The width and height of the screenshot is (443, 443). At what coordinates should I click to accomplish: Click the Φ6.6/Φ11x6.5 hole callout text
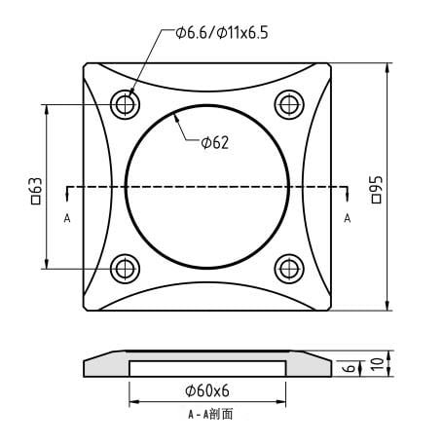pyautogui.click(x=222, y=33)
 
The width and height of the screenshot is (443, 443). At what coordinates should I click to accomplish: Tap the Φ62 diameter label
pyautogui.click(x=215, y=143)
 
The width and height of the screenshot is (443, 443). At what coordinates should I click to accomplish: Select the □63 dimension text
pyautogui.click(x=37, y=191)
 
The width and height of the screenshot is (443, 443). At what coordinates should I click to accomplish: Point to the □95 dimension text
pyautogui.click(x=377, y=190)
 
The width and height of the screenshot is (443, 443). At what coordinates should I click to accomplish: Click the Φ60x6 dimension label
pyautogui.click(x=207, y=390)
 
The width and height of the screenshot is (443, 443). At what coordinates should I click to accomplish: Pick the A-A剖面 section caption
pyautogui.click(x=210, y=414)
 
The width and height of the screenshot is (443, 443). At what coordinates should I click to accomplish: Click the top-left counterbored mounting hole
pyautogui.click(x=126, y=105)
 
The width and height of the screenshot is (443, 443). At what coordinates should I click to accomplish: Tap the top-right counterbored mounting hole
pyautogui.click(x=289, y=105)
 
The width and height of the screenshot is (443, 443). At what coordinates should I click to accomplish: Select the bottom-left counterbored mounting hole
pyautogui.click(x=126, y=269)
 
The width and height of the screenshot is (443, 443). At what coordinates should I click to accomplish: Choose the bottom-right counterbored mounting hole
pyautogui.click(x=289, y=269)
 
